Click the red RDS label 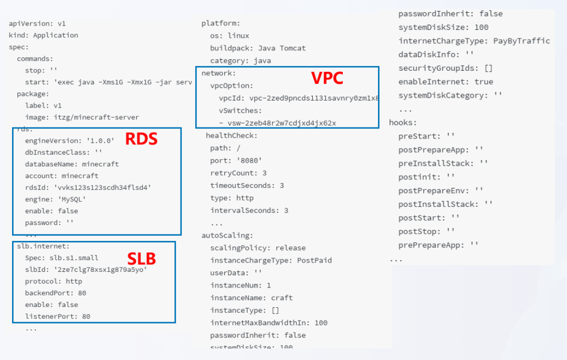point(141,139)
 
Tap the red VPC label point(327,78)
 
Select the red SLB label point(142,258)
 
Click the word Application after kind point(56,35)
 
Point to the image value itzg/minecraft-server point(99,117)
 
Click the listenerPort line point(58,316)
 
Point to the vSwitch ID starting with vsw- point(281,123)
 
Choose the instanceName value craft point(282,298)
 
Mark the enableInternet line point(446,82)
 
